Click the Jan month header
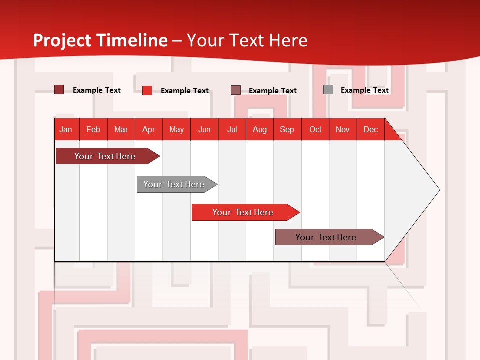[66, 129]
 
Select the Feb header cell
[93, 129]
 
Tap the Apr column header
[149, 129]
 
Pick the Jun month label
[204, 129]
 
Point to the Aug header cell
[260, 129]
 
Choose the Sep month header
[287, 129]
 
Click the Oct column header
[315, 129]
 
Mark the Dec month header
[371, 129]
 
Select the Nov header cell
[343, 129]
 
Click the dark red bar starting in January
[105, 156]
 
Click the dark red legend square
[59, 90]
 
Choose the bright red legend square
[147, 90]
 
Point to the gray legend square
[328, 90]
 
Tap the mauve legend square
[236, 90]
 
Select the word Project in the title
[63, 40]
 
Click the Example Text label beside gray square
[364, 90]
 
